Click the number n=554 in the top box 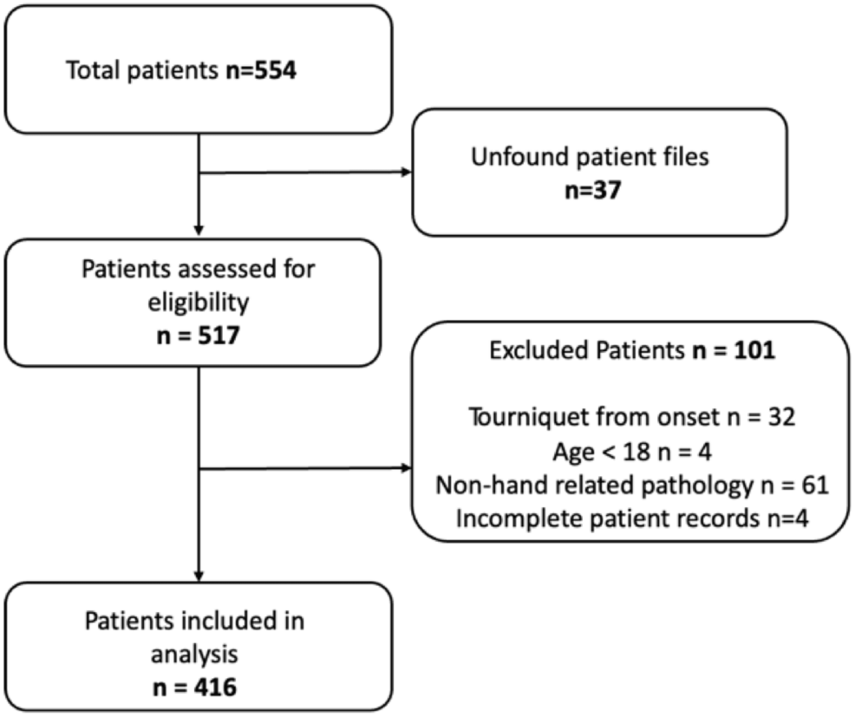click(x=261, y=70)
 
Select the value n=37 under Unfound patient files click(x=593, y=190)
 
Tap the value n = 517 click(x=198, y=336)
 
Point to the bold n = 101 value click(x=734, y=350)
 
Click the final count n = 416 click(x=194, y=687)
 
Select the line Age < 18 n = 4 click(x=632, y=452)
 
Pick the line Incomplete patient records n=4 click(x=632, y=518)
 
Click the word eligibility click(x=199, y=303)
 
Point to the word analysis click(x=194, y=655)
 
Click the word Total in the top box click(x=93, y=70)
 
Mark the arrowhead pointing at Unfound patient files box click(x=406, y=173)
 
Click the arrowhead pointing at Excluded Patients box click(x=406, y=468)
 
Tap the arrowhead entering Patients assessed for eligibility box click(x=199, y=231)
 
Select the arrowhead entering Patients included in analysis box click(x=199, y=577)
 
